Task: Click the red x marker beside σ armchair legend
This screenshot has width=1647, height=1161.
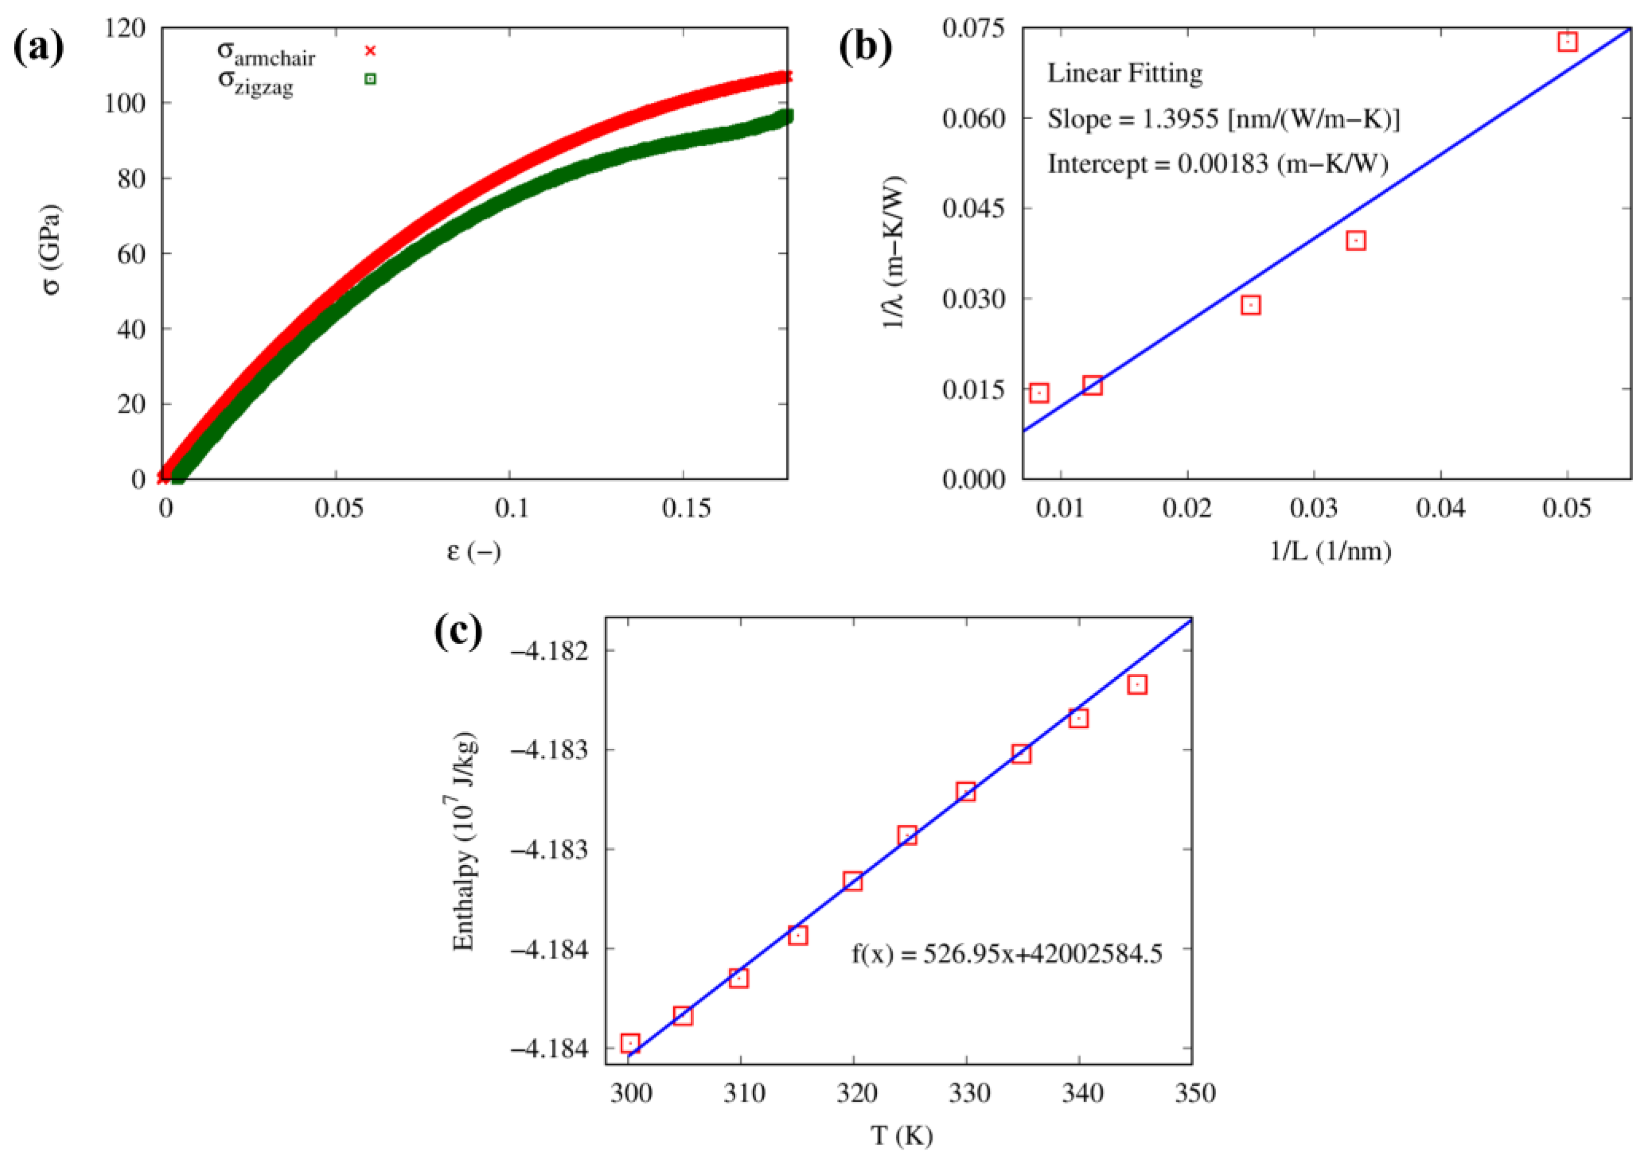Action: [370, 50]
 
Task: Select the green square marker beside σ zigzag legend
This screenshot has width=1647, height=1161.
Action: [370, 79]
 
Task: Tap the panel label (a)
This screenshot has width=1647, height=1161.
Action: [39, 48]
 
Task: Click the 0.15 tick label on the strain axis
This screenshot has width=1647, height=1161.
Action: [686, 508]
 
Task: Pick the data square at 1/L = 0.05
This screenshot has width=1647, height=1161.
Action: [1567, 41]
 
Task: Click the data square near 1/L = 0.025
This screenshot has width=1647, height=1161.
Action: [1251, 306]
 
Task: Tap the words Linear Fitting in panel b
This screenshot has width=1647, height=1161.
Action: [1125, 73]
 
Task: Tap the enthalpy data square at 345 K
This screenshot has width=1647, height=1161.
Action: [1137, 685]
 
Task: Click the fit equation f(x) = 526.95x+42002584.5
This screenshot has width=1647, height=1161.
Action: [1007, 954]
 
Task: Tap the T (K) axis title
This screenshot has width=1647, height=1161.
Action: [902, 1136]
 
